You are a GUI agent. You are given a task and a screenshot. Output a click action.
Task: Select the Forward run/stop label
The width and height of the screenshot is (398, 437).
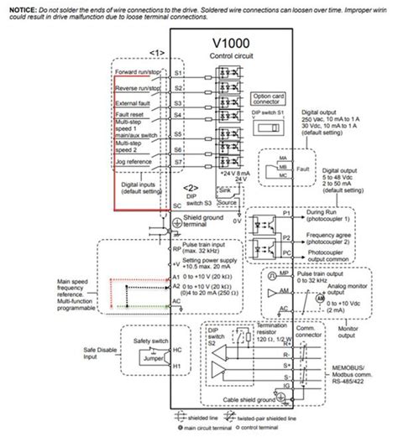[139, 72]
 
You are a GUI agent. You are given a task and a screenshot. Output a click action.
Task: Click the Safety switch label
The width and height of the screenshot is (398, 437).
[136, 341]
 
